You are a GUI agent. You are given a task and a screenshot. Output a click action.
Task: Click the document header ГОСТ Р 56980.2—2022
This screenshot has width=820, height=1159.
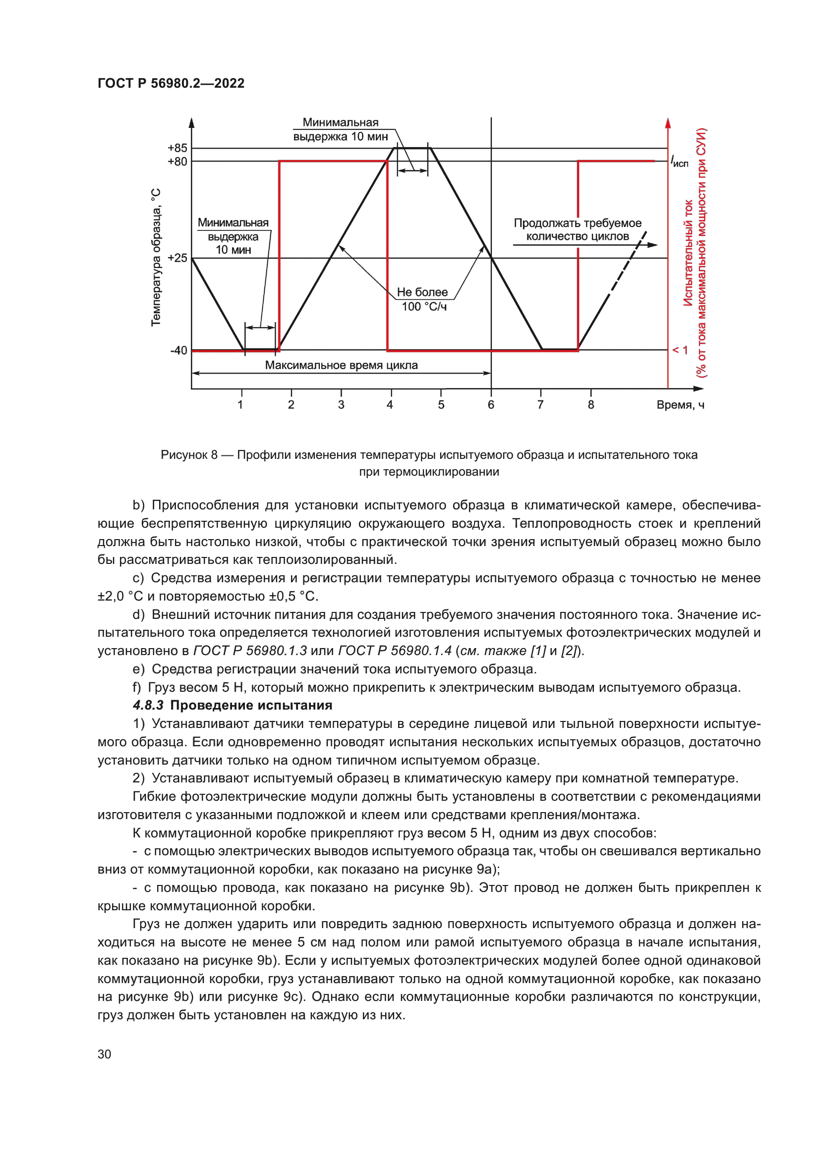(171, 83)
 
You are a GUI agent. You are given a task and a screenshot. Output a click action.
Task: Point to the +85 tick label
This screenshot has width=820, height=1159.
(177, 148)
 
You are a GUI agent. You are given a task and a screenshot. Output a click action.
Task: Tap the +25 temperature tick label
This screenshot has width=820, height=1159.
(177, 258)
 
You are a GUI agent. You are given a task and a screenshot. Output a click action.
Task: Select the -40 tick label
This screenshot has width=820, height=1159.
(178, 350)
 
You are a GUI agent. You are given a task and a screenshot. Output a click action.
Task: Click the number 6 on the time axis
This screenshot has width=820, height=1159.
(491, 405)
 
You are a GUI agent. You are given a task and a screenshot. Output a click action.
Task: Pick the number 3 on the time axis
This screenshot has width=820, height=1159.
(341, 405)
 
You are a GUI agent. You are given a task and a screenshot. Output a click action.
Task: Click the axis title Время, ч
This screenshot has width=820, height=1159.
(680, 405)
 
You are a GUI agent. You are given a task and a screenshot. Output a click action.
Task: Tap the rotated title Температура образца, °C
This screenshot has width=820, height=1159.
(156, 258)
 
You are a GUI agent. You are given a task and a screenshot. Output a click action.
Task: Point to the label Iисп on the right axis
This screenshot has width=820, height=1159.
(680, 162)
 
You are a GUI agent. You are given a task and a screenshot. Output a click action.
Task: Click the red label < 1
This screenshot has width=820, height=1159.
(680, 350)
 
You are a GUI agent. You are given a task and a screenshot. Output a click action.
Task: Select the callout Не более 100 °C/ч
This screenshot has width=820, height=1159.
(423, 299)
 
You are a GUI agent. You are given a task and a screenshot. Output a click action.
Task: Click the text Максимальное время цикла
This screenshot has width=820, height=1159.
(341, 366)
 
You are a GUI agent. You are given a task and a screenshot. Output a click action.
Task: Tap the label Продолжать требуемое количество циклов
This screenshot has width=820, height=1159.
(578, 230)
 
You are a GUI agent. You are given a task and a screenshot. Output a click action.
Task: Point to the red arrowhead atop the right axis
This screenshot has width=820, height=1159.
(668, 123)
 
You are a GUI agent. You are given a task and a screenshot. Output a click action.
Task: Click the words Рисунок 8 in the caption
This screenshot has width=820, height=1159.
(189, 455)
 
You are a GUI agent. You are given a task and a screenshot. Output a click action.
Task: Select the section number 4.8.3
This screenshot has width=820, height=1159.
(148, 705)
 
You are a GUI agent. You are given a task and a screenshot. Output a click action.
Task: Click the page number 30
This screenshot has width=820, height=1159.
(104, 1054)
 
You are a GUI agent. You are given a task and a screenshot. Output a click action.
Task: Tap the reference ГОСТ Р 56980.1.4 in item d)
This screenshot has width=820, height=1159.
(394, 651)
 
